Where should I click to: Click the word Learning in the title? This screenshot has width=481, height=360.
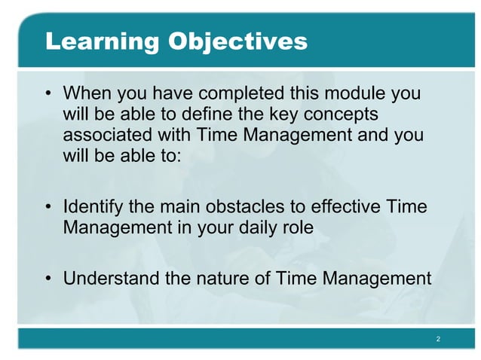[101, 41]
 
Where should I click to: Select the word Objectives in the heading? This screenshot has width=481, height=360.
[237, 41]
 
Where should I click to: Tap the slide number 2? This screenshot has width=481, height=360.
[438, 340]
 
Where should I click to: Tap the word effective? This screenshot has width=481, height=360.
[343, 206]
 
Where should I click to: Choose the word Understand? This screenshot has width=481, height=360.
[112, 279]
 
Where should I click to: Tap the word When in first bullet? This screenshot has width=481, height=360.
[84, 94]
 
